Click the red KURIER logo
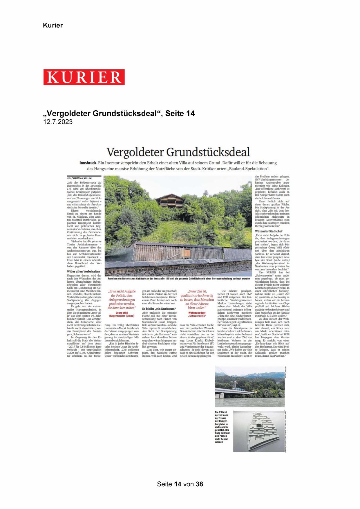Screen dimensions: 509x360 (x=84, y=77)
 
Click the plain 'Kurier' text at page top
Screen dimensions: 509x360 (x=53, y=25)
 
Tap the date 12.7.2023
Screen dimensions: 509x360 (x=58, y=122)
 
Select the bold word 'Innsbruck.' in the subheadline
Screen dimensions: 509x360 (x=88, y=163)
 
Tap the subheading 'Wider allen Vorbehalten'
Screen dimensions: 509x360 (x=84, y=272)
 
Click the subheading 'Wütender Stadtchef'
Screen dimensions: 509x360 (x=269, y=231)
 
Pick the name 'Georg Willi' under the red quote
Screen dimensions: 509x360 (x=122, y=313)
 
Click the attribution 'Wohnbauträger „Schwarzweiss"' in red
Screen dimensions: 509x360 (x=197, y=314)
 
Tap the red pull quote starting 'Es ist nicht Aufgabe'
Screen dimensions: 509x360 (x=122, y=299)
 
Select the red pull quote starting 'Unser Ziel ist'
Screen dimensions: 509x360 (x=197, y=299)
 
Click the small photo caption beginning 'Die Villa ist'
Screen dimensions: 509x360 (x=222, y=427)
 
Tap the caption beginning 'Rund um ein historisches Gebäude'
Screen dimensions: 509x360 (x=179, y=279)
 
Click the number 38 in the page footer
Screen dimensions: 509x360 (x=199, y=484)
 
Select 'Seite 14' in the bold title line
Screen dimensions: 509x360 (x=180, y=113)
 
